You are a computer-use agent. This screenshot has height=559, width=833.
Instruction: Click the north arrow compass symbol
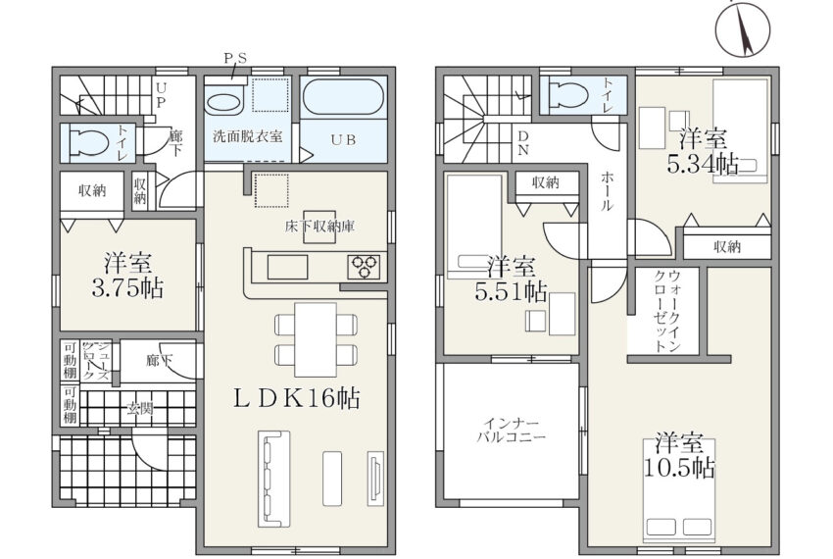(743, 27)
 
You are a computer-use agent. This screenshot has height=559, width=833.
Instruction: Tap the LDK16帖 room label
(297, 398)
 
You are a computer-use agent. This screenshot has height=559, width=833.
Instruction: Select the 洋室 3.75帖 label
(127, 276)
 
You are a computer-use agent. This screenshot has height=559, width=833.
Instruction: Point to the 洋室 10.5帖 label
(679, 456)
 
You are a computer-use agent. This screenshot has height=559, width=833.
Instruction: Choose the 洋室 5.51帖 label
(511, 279)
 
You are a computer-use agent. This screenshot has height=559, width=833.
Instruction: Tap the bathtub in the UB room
(343, 96)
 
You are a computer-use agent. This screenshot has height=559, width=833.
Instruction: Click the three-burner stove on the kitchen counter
(364, 267)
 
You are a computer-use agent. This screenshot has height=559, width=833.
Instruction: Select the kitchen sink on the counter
(287, 267)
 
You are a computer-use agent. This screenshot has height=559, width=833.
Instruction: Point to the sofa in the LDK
(274, 479)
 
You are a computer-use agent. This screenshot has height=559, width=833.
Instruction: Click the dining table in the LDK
(316, 339)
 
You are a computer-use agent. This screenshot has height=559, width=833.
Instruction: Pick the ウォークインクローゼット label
(667, 311)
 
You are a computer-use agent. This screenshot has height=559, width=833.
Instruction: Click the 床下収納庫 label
(319, 227)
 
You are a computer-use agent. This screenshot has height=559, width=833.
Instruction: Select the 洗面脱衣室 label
(247, 136)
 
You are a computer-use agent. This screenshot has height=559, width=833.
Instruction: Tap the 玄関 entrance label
(140, 408)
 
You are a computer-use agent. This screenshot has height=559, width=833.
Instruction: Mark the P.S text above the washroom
(235, 59)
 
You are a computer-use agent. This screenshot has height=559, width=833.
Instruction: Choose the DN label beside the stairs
(523, 143)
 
